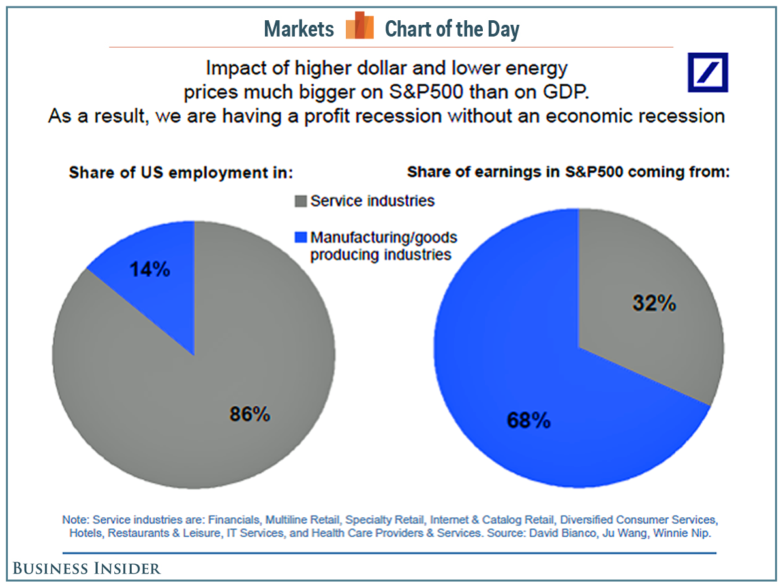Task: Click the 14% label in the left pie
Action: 149,269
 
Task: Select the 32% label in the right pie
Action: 654,303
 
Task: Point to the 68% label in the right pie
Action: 529,421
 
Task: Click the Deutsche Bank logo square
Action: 708,72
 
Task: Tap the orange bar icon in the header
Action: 360,27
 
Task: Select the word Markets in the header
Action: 299,29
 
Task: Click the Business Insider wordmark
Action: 86,569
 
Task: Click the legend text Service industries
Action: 372,201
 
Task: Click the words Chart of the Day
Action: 452,29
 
